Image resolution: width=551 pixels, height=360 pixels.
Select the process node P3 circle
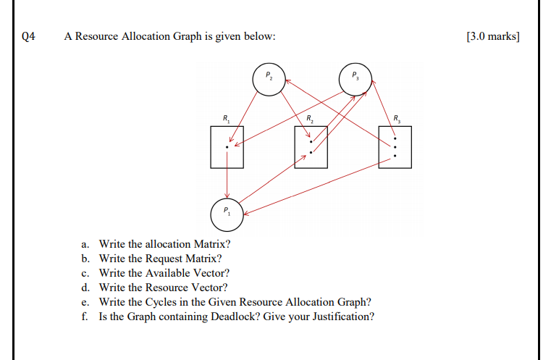pos(355,78)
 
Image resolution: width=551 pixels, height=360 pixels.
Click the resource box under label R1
pos(227,147)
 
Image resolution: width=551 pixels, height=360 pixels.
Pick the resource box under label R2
pos(311,147)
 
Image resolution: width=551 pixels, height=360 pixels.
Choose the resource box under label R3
pos(395,147)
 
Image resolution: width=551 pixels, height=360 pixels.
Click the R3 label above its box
pos(395,118)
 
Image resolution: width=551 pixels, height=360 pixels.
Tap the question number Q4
pos(29,36)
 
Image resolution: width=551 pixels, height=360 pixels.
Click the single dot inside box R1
pos(227,147)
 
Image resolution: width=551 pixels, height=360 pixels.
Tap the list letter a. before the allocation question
pos(85,244)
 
